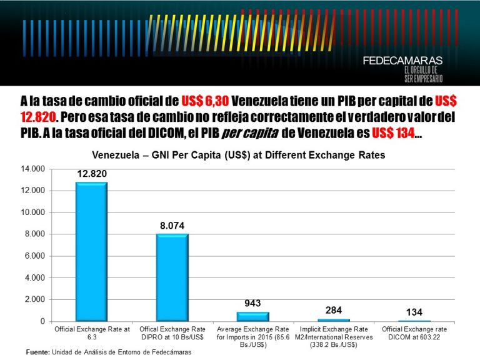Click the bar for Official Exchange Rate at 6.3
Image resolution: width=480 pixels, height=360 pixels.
pyautogui.click(x=91, y=251)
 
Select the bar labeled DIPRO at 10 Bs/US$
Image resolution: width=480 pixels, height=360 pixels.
pyautogui.click(x=172, y=277)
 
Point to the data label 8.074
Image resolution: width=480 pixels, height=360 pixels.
pyautogui.click(x=172, y=225)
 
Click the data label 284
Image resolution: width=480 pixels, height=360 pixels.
pyautogui.click(x=333, y=310)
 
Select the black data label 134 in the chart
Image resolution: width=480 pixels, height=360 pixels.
pyautogui.click(x=413, y=312)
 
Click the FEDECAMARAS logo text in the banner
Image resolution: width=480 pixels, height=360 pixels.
pyautogui.click(x=402, y=61)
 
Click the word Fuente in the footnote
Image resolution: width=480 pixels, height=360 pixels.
pyautogui.click(x=37, y=352)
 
